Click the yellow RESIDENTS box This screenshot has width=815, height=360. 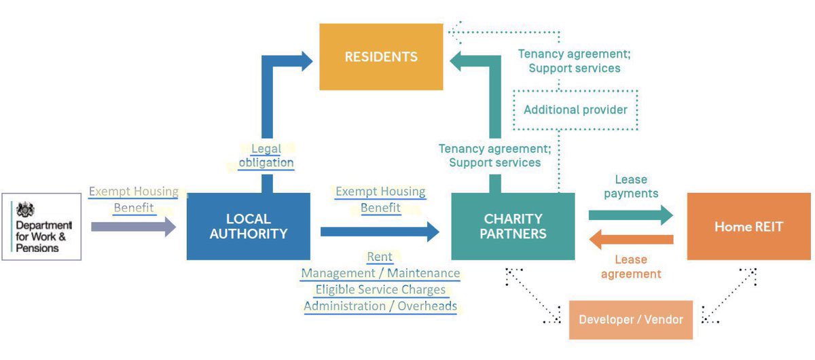[x=381, y=57]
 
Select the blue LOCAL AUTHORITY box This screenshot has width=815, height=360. [x=248, y=226]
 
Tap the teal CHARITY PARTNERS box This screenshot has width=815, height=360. [x=513, y=226]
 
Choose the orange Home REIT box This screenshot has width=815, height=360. [x=748, y=226]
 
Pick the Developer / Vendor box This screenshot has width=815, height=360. [x=630, y=319]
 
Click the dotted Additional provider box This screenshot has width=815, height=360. [x=575, y=109]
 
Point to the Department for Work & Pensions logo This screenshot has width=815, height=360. [x=41, y=227]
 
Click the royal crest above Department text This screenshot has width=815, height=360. [x=25, y=209]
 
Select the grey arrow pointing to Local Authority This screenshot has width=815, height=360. [x=132, y=227]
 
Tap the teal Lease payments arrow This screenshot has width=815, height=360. [x=630, y=215]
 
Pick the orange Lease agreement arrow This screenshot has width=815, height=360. [x=631, y=239]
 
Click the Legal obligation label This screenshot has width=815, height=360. [x=266, y=156]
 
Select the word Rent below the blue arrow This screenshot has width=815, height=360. [x=380, y=257]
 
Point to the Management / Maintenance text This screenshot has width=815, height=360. [x=380, y=273]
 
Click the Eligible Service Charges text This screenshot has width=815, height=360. [x=380, y=289]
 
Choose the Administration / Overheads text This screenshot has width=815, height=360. [x=380, y=306]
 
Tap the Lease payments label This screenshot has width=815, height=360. [x=631, y=186]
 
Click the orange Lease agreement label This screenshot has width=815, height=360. [x=631, y=266]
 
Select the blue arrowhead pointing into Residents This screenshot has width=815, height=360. [x=304, y=59]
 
